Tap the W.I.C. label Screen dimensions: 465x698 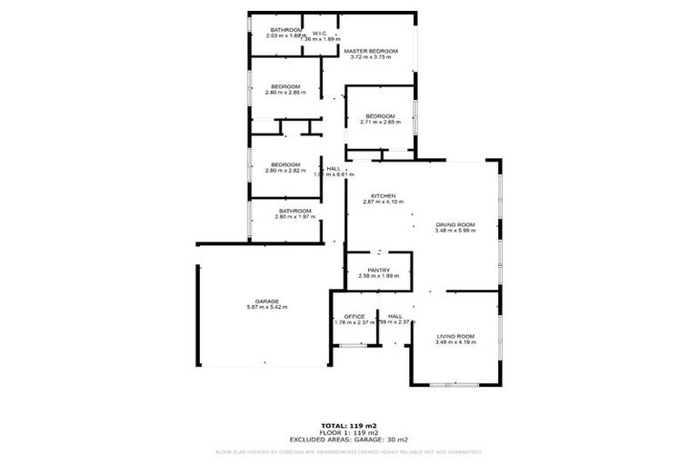coord(320,33)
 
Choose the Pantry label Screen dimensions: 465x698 coord(379,270)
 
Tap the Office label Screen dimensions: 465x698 coord(354,316)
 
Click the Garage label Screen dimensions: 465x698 coord(266,301)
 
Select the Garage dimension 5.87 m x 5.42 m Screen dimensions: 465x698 coord(266,307)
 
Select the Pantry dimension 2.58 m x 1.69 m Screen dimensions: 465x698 coord(379,276)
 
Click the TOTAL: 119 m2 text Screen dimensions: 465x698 coord(348,425)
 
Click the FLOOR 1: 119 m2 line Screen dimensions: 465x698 coord(348,431)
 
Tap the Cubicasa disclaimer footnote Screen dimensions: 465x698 coord(348,451)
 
